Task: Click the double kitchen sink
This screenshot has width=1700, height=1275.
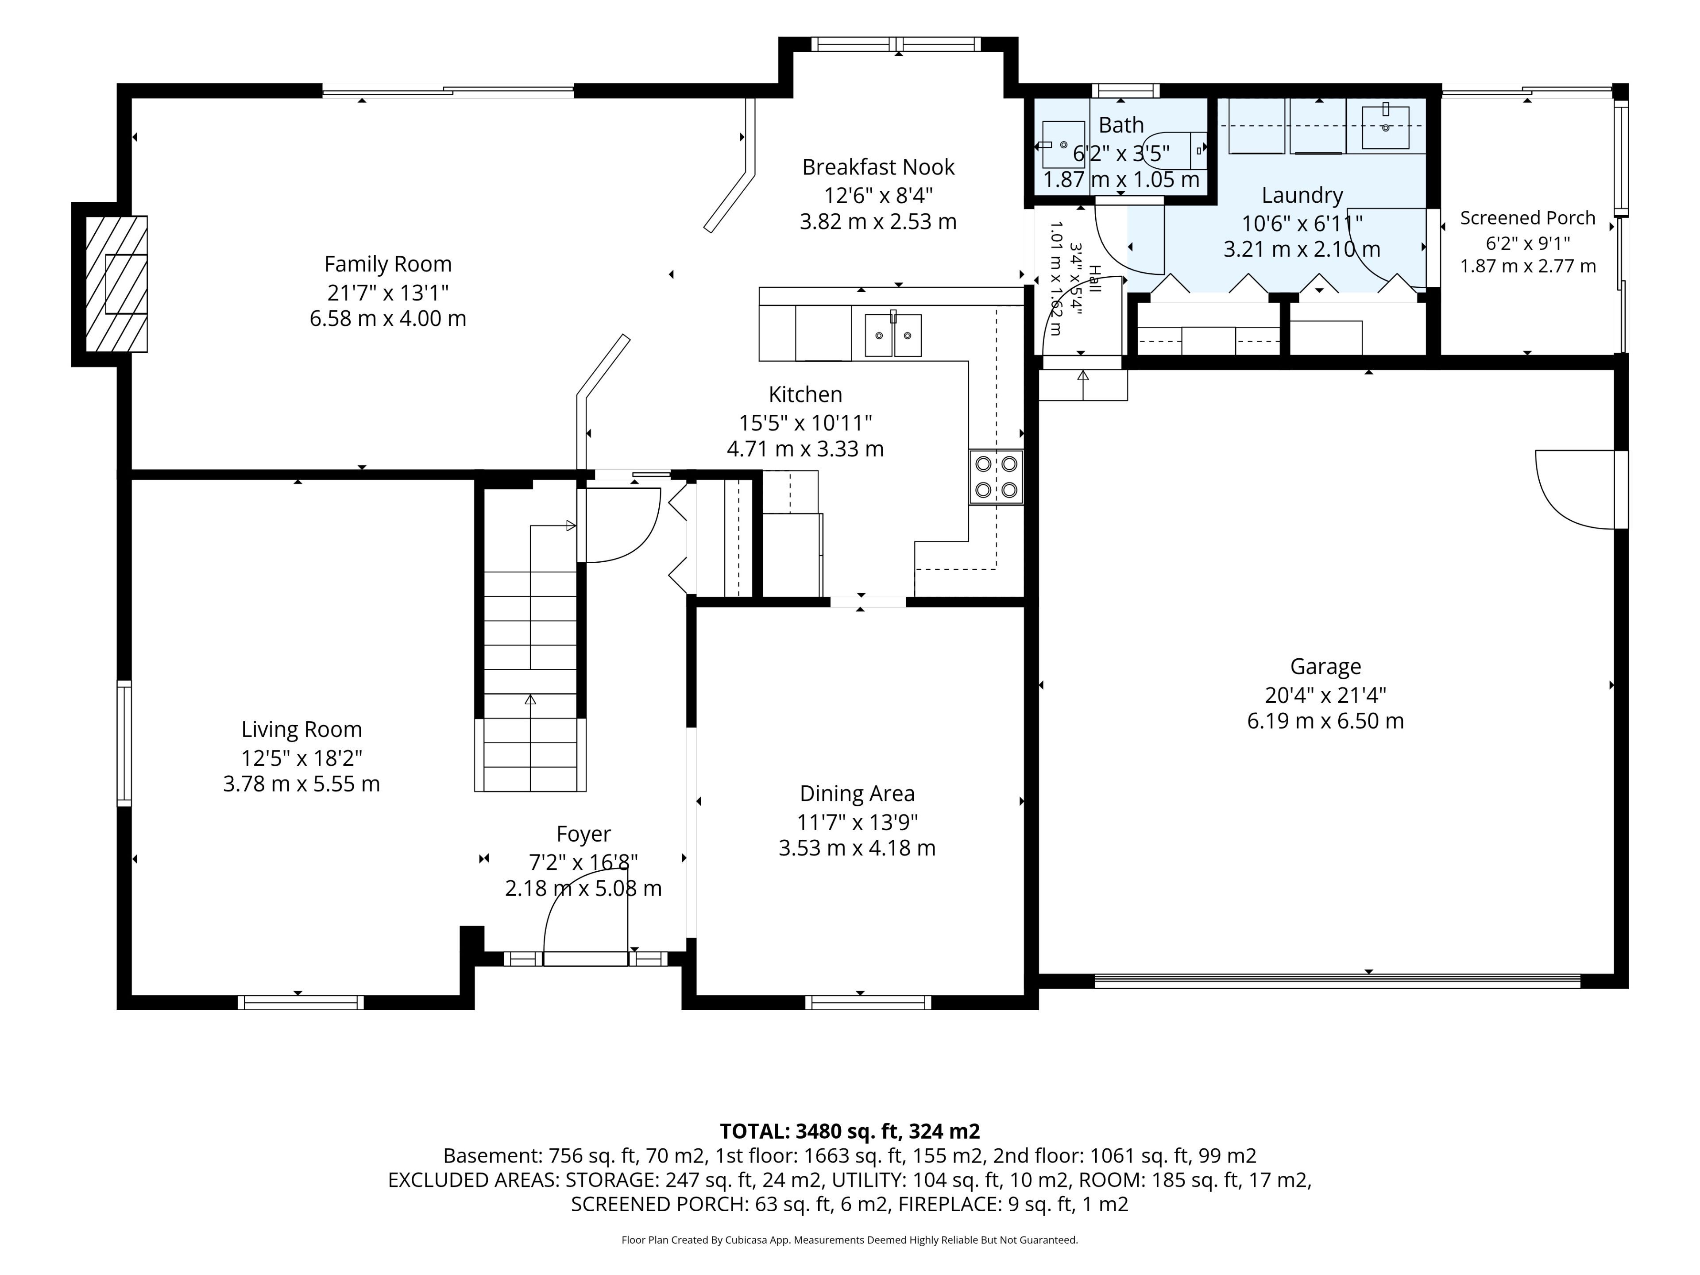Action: coord(893,335)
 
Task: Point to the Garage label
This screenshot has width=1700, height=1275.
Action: coord(1326,666)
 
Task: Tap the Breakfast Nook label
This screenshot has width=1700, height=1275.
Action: coord(878,167)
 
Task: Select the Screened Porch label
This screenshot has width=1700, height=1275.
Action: coord(1528,218)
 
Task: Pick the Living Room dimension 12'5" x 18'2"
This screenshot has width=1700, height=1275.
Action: coord(301,758)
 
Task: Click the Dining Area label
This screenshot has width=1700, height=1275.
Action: coord(857,794)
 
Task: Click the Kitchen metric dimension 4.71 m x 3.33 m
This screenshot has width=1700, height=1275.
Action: coord(805,449)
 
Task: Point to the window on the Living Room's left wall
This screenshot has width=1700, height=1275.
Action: coord(124,743)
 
